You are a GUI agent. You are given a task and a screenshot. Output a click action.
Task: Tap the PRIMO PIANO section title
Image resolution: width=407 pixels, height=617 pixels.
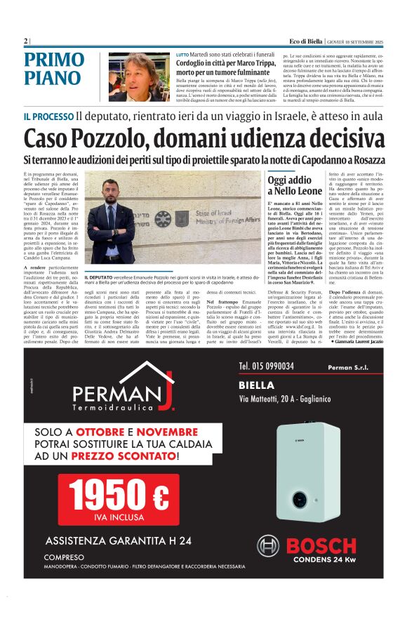(x=53, y=68)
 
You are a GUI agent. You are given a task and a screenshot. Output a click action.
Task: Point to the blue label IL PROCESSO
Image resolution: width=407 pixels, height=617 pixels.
(x=48, y=116)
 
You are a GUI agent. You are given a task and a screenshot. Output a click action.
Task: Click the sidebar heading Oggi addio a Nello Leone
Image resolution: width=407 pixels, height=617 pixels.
(x=295, y=185)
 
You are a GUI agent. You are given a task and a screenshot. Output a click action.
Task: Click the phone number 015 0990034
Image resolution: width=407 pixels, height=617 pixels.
(x=266, y=365)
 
